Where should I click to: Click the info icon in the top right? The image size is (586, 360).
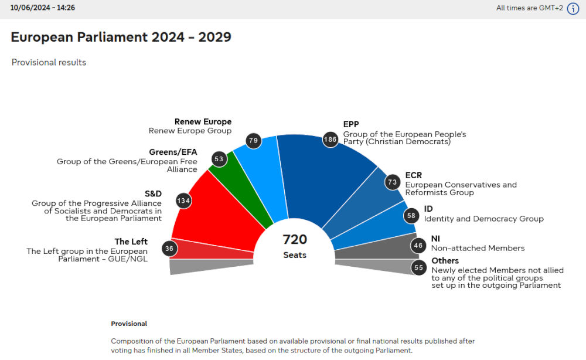[573, 8]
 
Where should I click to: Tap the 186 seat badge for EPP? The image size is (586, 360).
[331, 140]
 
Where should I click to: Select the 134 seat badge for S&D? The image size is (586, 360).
[184, 201]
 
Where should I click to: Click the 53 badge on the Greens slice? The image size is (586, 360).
[220, 159]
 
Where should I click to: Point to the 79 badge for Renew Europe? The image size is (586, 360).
[254, 141]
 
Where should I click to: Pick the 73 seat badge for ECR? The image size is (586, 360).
[392, 182]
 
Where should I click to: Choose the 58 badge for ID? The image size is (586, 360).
[411, 215]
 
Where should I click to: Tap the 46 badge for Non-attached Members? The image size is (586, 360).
[418, 246]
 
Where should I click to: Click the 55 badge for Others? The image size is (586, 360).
[418, 268]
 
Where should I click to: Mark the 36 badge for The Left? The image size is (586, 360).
[169, 248]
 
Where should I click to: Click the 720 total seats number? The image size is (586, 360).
[295, 239]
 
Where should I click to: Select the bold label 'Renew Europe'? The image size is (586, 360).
[203, 122]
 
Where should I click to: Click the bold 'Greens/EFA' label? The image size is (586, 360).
[173, 152]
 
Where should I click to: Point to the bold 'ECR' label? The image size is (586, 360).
[413, 175]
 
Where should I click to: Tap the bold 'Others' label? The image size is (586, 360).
[445, 261]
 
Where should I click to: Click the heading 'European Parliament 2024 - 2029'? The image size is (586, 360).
[121, 37]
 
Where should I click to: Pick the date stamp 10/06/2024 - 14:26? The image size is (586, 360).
[42, 8]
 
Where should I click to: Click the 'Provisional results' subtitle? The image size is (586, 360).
[49, 62]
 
